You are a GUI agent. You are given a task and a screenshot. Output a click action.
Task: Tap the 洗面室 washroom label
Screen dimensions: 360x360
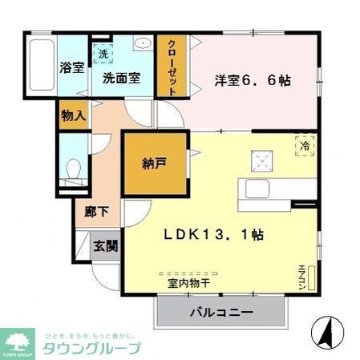pyautogui.click(x=121, y=79)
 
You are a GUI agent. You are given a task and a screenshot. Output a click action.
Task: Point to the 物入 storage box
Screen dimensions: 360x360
pyautogui.click(x=73, y=115)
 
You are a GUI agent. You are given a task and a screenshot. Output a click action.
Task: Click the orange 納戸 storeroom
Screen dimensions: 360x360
pyautogui.click(x=155, y=164)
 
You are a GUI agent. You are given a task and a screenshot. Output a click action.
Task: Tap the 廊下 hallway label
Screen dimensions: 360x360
pyautogui.click(x=96, y=213)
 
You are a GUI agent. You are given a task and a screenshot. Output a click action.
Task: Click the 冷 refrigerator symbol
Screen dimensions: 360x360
pyautogui.click(x=304, y=146)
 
